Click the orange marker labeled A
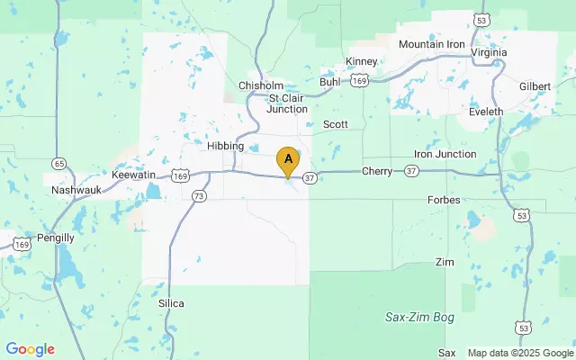coord(288,160)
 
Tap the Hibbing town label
coord(225,146)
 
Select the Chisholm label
coord(261,85)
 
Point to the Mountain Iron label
coord(433,44)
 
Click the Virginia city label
coord(489,52)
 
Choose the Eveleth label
coord(486,112)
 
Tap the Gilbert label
coord(535,85)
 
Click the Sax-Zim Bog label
coord(419,318)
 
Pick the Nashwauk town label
coord(76,191)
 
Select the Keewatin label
coord(134,174)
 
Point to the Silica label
coord(170,303)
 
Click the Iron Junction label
coord(445,154)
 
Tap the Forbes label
coord(445,200)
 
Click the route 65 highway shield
coord(58,164)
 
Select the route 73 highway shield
coord(199,195)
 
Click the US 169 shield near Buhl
coord(359,80)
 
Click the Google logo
coord(30,349)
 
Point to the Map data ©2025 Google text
coord(519,352)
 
